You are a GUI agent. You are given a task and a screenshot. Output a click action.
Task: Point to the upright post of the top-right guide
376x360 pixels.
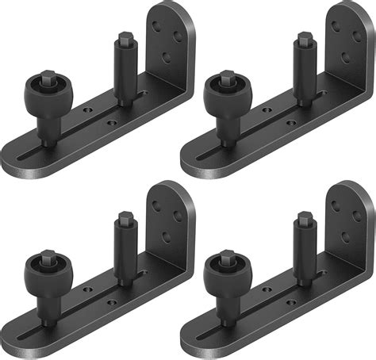click(304, 71)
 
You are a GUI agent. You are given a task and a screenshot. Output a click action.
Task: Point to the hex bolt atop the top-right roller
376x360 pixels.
click(226, 77)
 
